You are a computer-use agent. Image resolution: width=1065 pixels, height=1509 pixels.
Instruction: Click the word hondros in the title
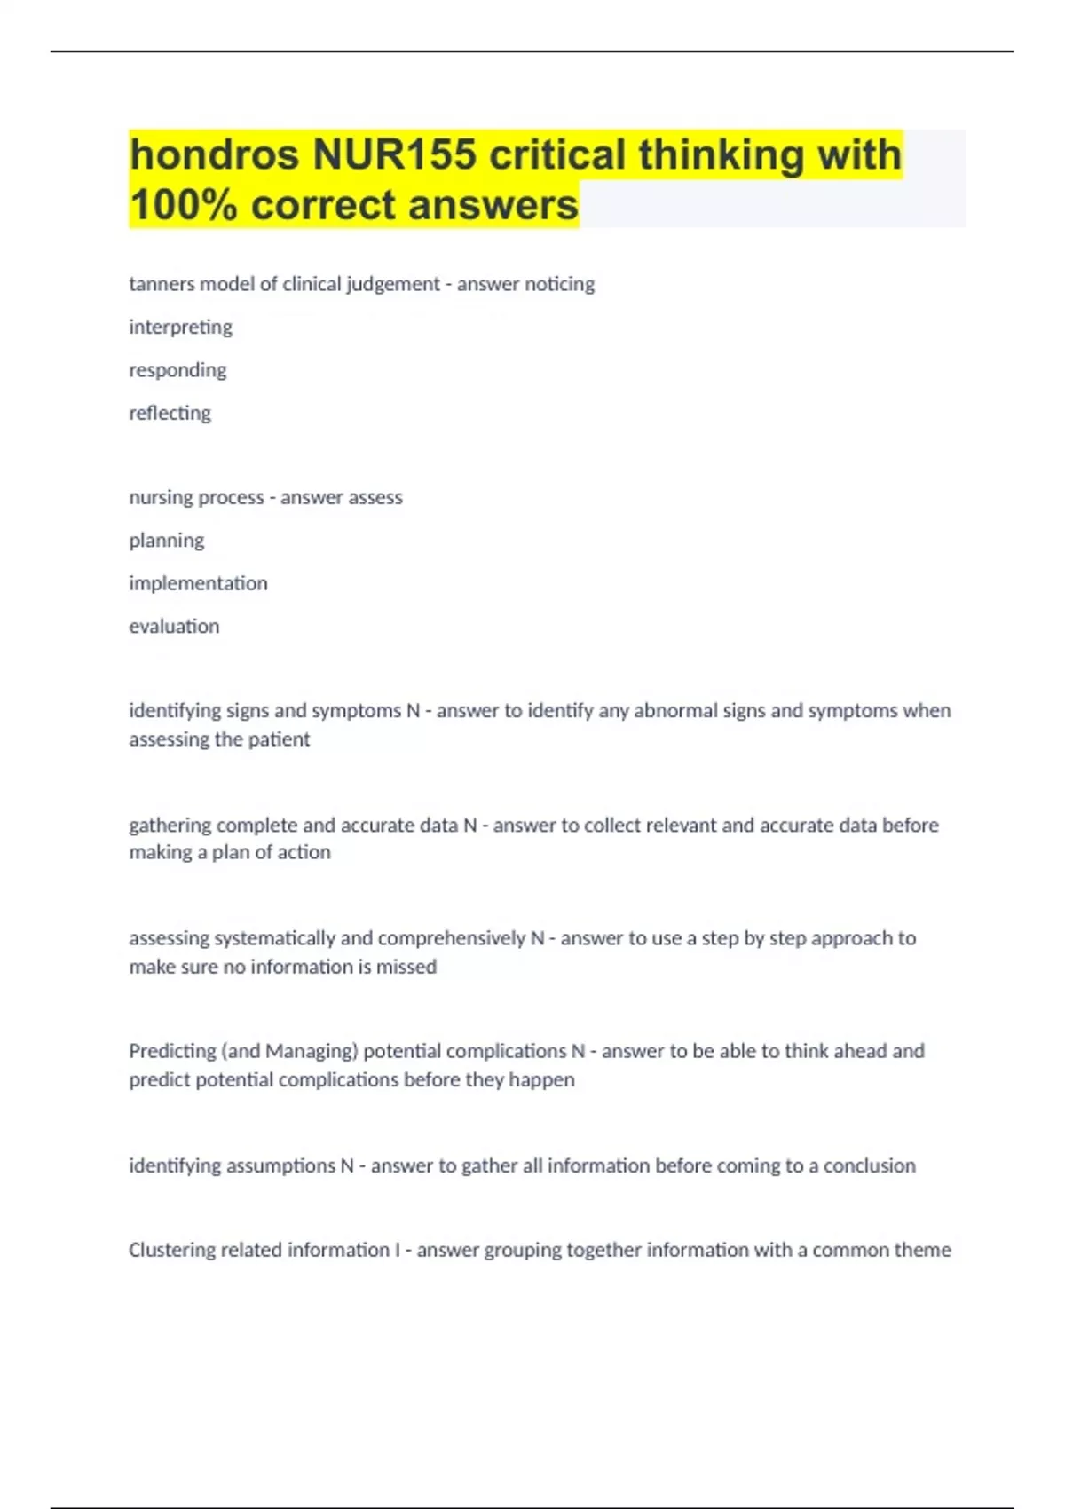click(x=214, y=154)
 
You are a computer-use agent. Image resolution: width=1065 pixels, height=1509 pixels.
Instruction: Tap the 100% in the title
click(x=184, y=205)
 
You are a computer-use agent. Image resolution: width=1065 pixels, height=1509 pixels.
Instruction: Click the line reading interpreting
click(x=180, y=328)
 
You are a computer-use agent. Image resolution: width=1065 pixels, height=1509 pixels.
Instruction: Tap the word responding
click(x=177, y=370)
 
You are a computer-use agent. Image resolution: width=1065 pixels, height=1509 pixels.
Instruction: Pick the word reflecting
click(x=170, y=413)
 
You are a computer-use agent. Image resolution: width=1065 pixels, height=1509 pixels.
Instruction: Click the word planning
click(x=166, y=541)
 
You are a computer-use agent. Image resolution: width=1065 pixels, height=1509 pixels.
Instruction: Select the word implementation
click(x=198, y=583)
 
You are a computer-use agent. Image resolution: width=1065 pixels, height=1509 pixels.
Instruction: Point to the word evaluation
click(x=174, y=626)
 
